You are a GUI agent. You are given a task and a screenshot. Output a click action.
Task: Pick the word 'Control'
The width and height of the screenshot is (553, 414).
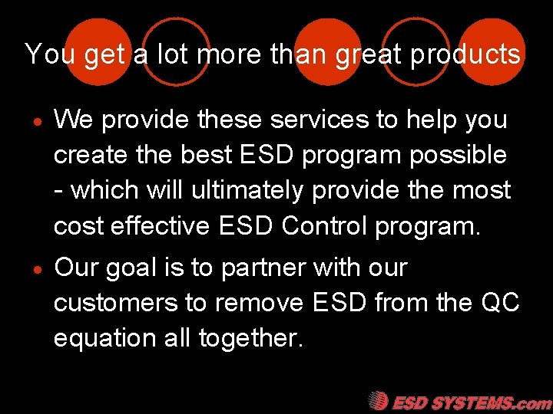[327, 226]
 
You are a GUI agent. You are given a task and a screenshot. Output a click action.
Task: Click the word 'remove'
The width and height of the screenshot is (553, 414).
[260, 304]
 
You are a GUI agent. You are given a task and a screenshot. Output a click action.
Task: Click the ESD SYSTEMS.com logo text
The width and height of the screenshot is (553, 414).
[471, 402]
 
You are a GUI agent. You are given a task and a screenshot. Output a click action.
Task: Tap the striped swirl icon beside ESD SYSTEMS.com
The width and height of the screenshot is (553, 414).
[377, 401]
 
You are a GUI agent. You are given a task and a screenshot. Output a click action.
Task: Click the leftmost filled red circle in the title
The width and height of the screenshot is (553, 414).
[98, 51]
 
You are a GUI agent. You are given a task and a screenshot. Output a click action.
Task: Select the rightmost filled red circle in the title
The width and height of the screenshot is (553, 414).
[492, 51]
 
